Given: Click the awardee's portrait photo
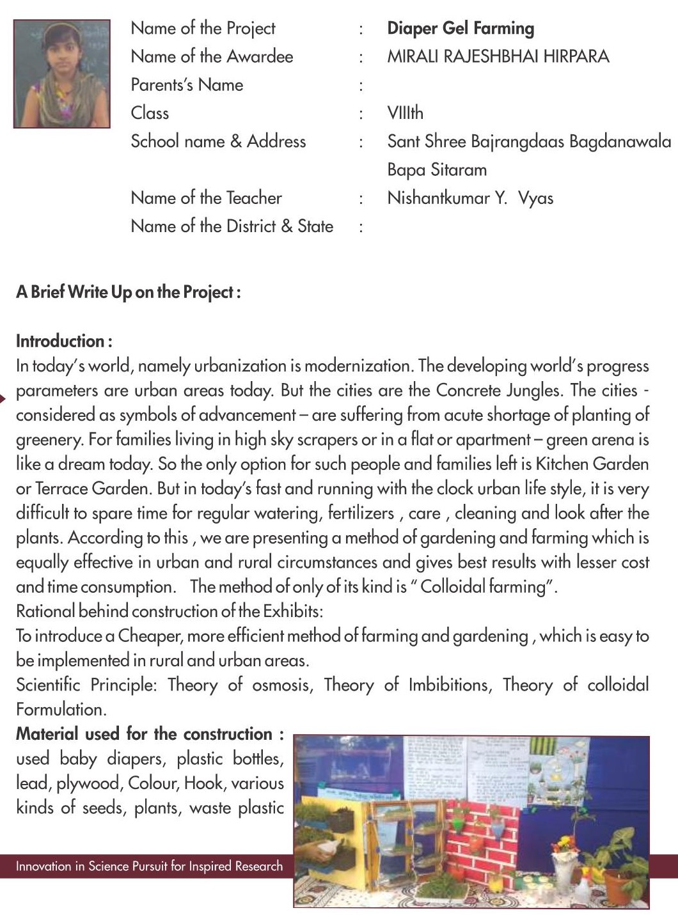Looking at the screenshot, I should click(61, 74).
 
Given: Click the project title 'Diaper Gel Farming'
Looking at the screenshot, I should click(461, 28).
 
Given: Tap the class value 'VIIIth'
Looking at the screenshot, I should click(405, 113).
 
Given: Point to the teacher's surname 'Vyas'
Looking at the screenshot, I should click(535, 198).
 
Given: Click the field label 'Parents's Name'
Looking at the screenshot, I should click(187, 85).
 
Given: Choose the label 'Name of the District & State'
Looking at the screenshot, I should click(232, 226).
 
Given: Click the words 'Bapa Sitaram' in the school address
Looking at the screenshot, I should click(437, 170).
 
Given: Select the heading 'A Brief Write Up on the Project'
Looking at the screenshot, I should click(128, 292).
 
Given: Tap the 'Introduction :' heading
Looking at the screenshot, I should click(64, 341).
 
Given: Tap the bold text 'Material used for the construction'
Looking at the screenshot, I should click(144, 734).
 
